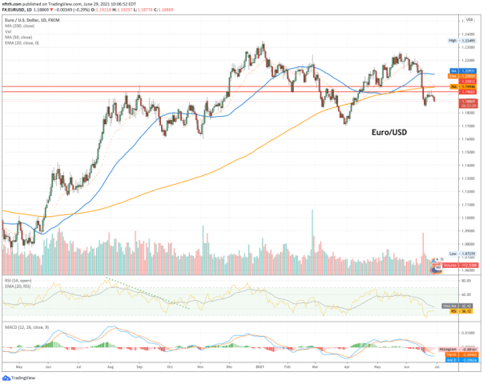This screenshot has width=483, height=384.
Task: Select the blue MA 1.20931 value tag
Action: pos(458,73)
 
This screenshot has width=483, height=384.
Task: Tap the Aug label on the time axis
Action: pos(108,367)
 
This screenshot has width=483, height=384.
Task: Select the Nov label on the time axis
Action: pos(199,367)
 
